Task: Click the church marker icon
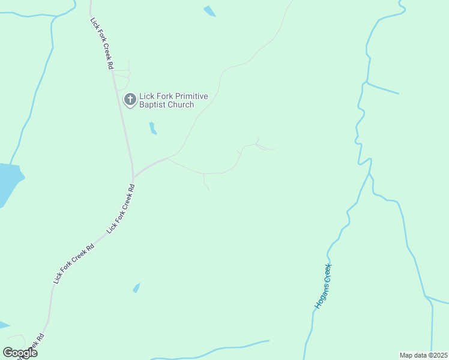(130, 100)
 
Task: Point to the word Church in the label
(181, 105)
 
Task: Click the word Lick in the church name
(146, 96)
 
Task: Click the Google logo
(20, 353)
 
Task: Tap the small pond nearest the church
(152, 128)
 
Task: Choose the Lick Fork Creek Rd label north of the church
(101, 44)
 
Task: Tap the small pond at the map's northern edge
(210, 11)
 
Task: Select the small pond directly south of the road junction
(136, 288)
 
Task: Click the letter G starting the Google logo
(8, 353)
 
